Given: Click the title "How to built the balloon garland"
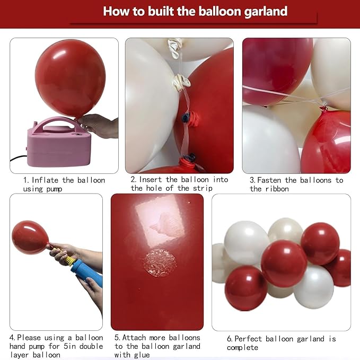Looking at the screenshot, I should click(x=195, y=11).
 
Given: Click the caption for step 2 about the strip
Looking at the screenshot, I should click(x=179, y=184).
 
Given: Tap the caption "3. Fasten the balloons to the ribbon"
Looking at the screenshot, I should click(x=296, y=184).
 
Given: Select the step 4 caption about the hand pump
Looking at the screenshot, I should click(x=56, y=346).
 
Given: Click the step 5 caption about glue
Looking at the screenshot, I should click(x=157, y=346).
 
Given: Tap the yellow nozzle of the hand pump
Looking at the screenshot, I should click(x=68, y=259).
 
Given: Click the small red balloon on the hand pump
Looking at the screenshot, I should click(x=30, y=237).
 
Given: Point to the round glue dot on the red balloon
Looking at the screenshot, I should click(x=160, y=262).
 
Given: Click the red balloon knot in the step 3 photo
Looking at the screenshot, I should click(x=323, y=110).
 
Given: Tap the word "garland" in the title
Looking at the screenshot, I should click(x=262, y=11).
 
